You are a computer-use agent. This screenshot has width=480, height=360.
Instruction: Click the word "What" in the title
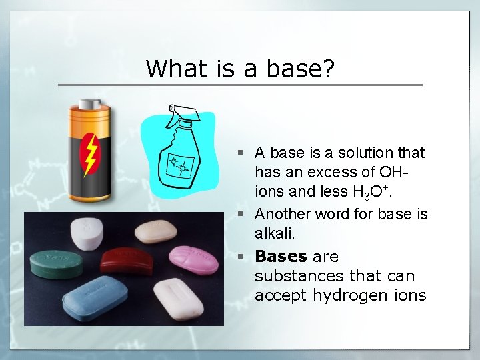[x=171, y=68]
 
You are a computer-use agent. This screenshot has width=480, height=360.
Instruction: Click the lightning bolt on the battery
[x=89, y=154]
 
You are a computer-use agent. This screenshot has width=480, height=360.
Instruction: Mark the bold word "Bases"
[x=281, y=257]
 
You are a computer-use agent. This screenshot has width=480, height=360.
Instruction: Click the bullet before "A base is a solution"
[x=245, y=153]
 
